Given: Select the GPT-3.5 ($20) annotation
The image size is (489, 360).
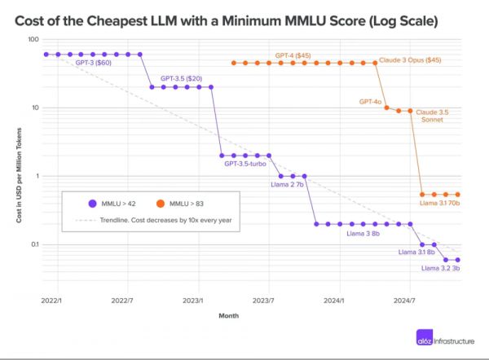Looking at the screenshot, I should tap(180, 77).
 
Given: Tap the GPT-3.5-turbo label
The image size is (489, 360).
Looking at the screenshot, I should tap(245, 164).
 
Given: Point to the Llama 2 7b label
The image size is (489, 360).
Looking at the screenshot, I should tap(287, 184).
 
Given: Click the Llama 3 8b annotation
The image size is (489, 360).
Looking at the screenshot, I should tap(363, 233).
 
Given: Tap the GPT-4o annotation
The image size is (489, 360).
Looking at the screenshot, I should tap(371, 102).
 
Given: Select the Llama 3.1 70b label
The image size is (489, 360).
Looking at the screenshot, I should tap(439, 203).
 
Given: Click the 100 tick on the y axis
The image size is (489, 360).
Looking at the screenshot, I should tap(33, 39).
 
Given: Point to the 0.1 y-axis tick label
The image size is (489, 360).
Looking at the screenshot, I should tap(33, 244).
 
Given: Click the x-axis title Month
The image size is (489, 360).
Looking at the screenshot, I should tap(229, 317).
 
